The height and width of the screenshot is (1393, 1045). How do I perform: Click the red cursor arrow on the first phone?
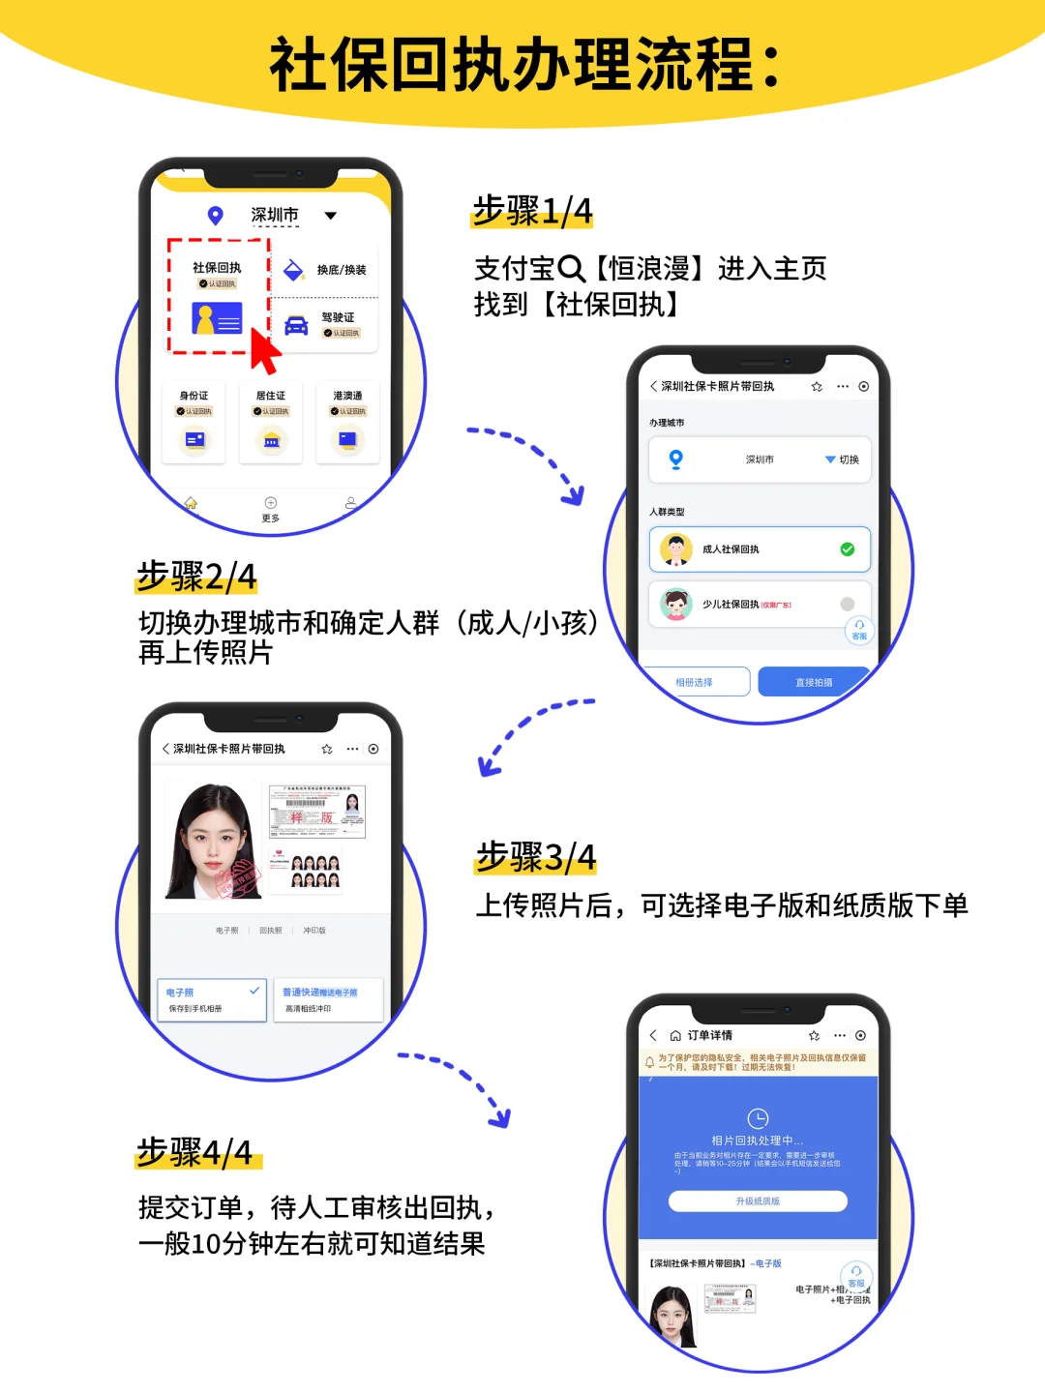tap(263, 350)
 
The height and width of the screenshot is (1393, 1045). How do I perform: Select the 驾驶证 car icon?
tap(296, 325)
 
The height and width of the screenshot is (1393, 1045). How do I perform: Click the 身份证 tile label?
tap(194, 396)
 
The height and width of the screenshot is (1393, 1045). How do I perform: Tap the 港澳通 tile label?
tap(347, 396)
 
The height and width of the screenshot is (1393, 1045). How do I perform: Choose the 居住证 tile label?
tap(271, 396)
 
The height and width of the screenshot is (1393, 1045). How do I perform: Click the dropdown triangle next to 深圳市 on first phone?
tap(331, 216)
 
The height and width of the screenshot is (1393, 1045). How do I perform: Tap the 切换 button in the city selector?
tap(843, 459)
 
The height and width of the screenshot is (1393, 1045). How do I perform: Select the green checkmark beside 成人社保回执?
tap(848, 549)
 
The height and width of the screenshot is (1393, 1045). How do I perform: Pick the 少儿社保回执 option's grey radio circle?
tap(848, 605)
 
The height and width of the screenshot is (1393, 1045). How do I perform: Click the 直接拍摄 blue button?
tap(813, 682)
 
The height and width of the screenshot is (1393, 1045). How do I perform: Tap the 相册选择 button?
tap(695, 682)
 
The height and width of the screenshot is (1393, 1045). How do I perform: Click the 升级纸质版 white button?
tap(758, 1201)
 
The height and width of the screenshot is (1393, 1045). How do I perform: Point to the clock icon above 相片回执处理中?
tap(758, 1118)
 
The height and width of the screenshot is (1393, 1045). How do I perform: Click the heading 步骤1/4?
tap(532, 211)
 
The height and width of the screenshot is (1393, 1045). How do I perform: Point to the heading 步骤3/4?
tap(536, 857)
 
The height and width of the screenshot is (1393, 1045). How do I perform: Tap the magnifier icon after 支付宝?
tap(572, 268)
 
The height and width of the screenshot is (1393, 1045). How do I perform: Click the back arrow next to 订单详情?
tap(653, 1035)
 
